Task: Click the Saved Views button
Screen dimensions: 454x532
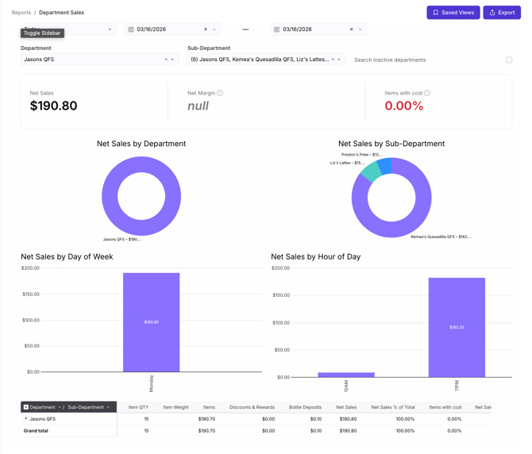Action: [x=453, y=13]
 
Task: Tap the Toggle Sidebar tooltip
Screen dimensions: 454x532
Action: [x=42, y=33]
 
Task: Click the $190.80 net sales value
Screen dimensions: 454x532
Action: [x=53, y=106]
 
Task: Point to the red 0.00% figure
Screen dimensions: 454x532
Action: [x=403, y=106]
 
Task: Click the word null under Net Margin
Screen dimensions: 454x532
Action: [x=198, y=106]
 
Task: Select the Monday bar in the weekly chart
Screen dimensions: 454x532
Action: [x=151, y=322]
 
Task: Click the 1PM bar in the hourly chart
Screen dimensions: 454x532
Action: [x=457, y=327]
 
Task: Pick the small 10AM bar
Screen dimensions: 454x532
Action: [x=346, y=375]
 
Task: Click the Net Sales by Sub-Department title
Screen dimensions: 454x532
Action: [x=391, y=144]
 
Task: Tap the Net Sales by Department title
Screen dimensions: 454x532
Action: [x=141, y=144]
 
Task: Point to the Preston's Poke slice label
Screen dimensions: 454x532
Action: [x=362, y=155]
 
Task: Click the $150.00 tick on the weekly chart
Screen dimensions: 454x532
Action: [x=30, y=294]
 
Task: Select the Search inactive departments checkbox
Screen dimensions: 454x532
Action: [x=509, y=60]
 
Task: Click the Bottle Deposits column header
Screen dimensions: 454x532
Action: [x=305, y=407]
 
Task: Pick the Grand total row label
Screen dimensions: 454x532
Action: [x=36, y=430]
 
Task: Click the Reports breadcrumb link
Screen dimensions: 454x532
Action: [x=21, y=13]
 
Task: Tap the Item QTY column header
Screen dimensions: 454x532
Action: [x=138, y=407]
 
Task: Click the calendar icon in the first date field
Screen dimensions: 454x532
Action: [x=131, y=29]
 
